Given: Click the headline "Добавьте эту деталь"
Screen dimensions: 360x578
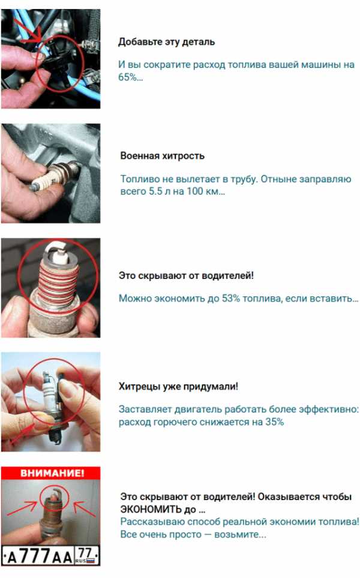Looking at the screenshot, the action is [166, 42].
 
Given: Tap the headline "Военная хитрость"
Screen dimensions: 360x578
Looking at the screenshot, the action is [162, 156].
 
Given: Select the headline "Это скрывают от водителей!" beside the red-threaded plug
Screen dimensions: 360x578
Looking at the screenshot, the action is [186, 275].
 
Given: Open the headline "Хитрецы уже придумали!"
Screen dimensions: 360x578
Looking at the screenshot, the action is [179, 386].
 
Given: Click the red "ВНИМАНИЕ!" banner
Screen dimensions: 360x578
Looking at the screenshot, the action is [51, 473].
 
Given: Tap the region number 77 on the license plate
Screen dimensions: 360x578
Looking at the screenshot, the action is [85, 553].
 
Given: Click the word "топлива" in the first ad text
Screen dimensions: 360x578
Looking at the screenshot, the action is [247, 65].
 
